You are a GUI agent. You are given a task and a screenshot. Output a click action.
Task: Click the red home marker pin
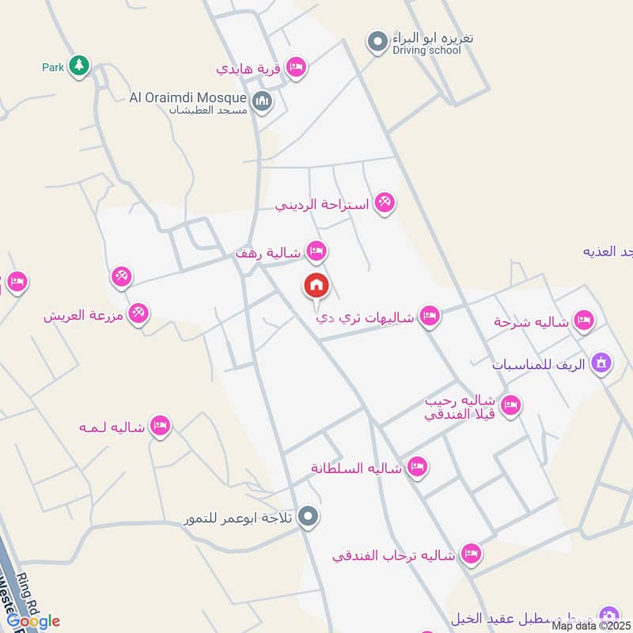click(316, 286)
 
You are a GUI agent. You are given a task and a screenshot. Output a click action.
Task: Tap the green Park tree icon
click(78, 66)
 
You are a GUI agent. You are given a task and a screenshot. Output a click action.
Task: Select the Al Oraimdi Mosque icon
click(263, 102)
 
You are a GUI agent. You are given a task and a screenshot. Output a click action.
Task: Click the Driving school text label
click(426, 51)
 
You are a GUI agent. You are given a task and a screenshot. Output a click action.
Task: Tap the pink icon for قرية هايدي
click(297, 68)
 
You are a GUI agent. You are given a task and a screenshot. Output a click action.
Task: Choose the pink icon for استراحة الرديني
click(385, 203)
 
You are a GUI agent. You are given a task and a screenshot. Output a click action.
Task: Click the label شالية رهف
click(268, 253)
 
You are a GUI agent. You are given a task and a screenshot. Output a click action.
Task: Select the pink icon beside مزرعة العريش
click(139, 314)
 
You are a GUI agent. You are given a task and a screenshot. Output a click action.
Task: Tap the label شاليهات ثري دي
click(365, 318)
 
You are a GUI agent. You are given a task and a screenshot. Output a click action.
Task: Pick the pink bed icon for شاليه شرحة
click(584, 320)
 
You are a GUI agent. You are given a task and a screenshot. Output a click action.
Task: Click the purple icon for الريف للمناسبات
click(602, 363)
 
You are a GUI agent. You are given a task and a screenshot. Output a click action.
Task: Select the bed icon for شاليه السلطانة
click(416, 468)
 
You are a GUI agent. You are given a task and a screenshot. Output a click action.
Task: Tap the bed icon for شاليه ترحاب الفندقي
click(471, 555)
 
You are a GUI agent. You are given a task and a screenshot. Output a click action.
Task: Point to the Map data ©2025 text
click(591, 626)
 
